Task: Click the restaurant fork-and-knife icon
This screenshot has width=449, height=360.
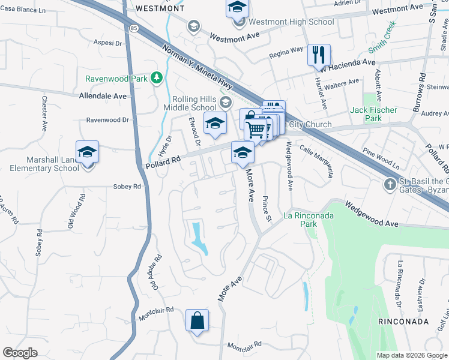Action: pos(319,55)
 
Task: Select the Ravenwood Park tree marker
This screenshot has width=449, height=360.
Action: pos(157,77)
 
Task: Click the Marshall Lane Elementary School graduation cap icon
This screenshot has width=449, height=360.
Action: pos(87,152)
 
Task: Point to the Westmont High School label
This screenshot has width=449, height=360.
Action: pos(291,22)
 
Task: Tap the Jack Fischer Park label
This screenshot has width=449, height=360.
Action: pos(374,114)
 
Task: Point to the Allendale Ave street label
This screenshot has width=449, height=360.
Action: pos(103,96)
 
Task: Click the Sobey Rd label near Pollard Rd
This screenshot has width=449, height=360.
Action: pos(127,187)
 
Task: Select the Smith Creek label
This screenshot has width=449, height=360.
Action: pos(382,37)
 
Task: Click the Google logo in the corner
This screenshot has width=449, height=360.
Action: pos(20,353)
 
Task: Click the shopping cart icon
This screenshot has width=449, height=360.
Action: pos(256,129)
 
